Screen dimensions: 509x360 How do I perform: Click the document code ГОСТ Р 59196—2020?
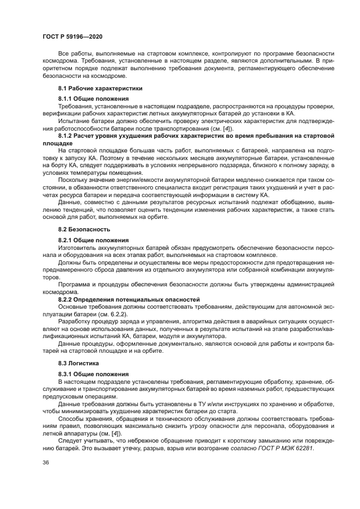[x=72, y=36]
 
